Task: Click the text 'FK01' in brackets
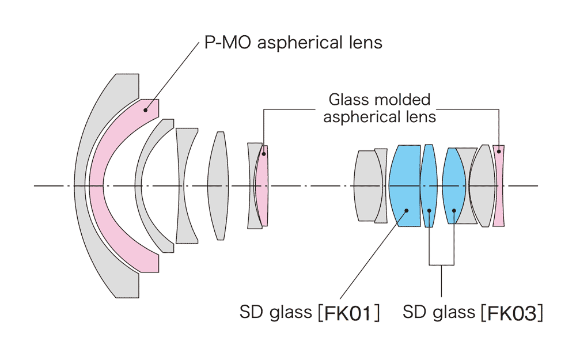coord(351,314)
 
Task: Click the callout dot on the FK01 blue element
coord(407,210)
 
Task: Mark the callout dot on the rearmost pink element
coord(499,152)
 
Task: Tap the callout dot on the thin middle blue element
coord(429,210)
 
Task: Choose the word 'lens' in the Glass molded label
coord(419,116)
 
